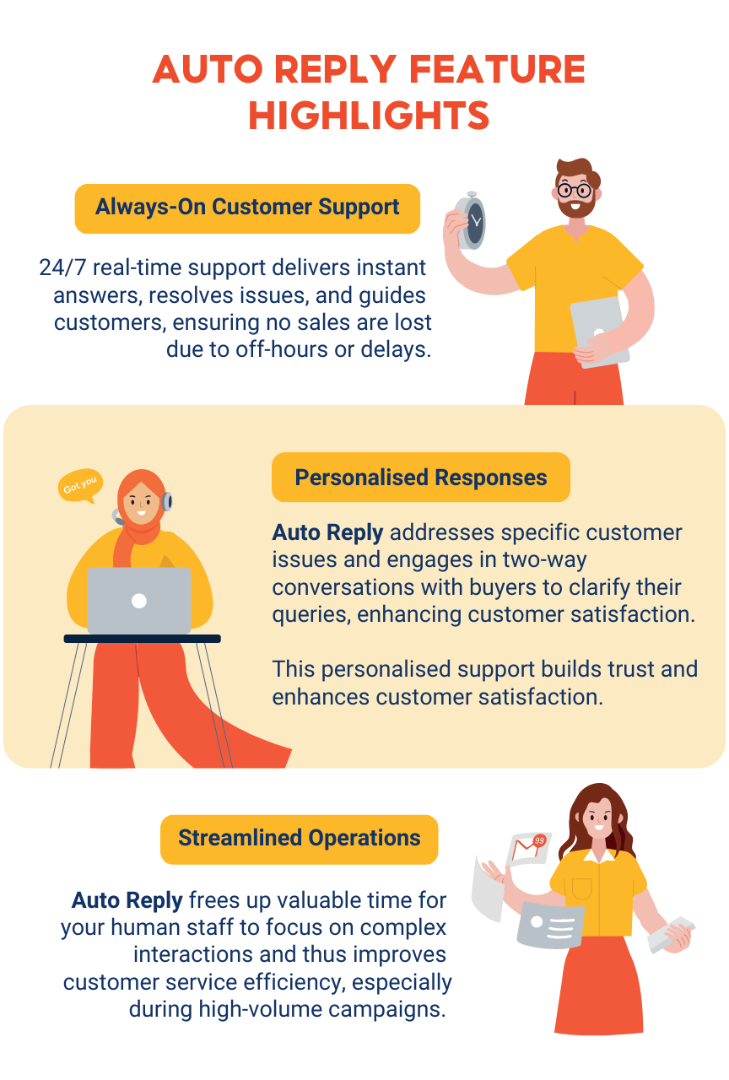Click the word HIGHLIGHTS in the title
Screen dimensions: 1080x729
coord(369,115)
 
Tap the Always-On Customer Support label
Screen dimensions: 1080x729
coord(247,208)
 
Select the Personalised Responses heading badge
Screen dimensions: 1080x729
coord(420,478)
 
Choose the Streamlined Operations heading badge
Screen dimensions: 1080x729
coord(299,839)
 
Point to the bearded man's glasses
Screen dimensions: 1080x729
coord(575,189)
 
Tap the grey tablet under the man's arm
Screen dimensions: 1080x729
coord(599,332)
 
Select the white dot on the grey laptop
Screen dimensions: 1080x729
coord(139,601)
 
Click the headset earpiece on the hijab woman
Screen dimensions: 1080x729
coord(167,502)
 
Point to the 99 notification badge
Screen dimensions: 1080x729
coord(540,840)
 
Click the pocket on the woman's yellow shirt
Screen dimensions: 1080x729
coord(581,888)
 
